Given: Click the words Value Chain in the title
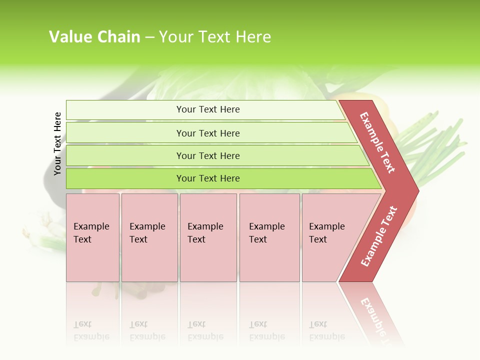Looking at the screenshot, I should coord(94,37).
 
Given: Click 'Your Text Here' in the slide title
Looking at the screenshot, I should coord(215,37).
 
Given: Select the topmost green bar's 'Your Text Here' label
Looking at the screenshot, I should coord(208,109).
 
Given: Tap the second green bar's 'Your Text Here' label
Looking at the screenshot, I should coord(208,133).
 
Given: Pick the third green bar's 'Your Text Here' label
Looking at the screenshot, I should coord(208,156).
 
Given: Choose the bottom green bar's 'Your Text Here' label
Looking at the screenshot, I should coord(208,178).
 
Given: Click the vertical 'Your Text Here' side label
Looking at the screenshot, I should coord(57,143).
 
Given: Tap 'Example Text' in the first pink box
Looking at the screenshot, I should coord(91,233).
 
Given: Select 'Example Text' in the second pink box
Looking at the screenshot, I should coord(147,233).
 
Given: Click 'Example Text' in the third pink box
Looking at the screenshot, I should coord(205,233).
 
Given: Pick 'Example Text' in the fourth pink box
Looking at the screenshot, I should coord(266,233).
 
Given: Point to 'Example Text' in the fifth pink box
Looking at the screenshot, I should coord(326,233).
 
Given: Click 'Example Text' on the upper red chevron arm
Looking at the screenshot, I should coord(377,142).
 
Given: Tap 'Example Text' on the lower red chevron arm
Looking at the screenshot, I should coord(379,236).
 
